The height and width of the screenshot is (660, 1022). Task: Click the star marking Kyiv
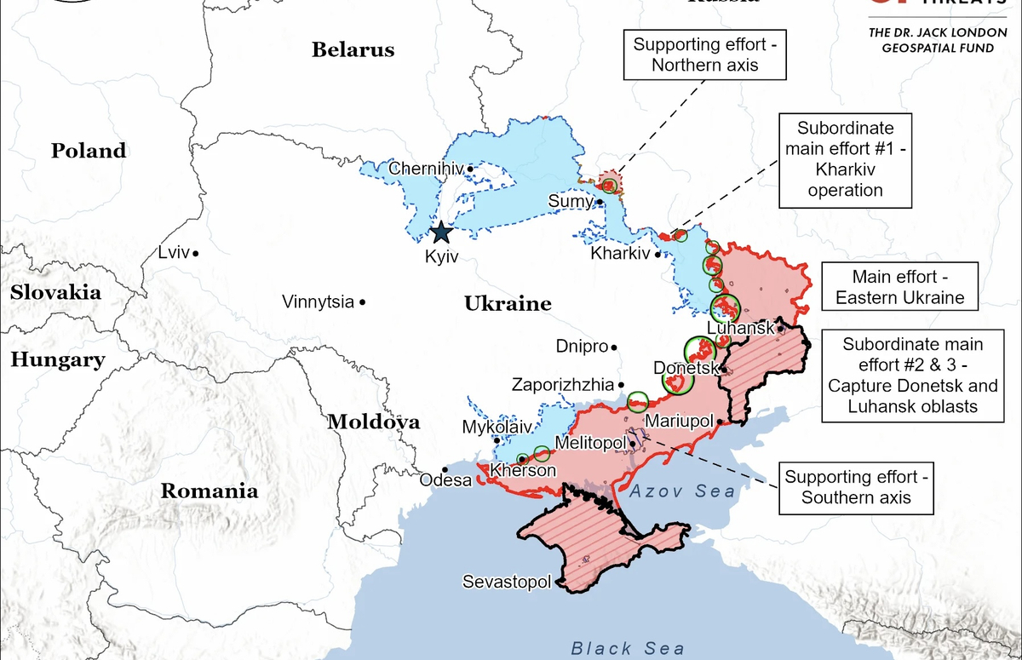[441, 232]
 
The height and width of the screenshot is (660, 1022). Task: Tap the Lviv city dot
[196, 253]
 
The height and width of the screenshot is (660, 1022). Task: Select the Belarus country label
[353, 49]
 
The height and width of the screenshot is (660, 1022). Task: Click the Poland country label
[89, 152]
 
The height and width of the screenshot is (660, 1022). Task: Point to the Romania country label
[210, 491]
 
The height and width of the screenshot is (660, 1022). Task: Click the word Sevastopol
[506, 583]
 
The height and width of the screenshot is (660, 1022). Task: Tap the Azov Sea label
[682, 491]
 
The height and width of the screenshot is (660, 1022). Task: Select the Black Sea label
[627, 647]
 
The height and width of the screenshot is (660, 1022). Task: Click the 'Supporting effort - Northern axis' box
[705, 54]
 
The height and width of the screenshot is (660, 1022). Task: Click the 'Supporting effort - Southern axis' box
[855, 488]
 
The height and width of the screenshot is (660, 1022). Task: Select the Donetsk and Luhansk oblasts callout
[912, 376]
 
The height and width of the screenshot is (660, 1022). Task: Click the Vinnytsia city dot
[363, 301]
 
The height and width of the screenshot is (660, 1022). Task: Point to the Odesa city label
[445, 481]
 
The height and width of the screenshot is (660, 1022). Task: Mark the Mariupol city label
[679, 421]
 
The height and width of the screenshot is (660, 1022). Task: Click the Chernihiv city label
[426, 169]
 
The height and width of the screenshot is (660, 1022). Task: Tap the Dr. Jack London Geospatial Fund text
[931, 41]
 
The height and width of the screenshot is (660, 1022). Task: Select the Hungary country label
[58, 360]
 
